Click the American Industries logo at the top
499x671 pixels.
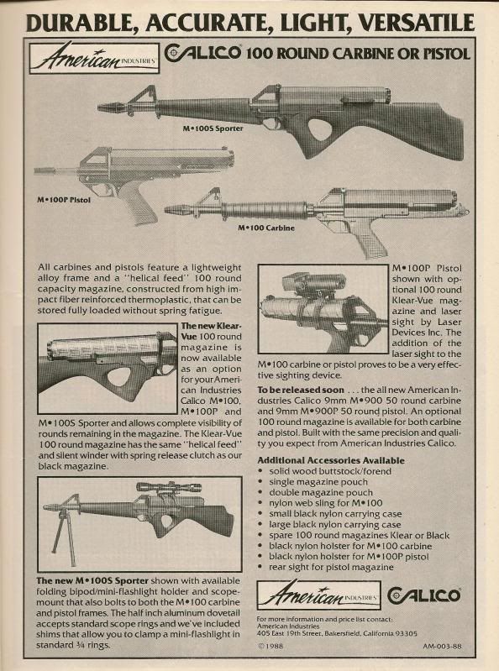point(94,58)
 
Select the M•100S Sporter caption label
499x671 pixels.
point(213,128)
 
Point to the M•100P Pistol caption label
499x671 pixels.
point(64,199)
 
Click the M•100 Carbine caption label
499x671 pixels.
point(266,228)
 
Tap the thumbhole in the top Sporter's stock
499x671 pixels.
point(325,129)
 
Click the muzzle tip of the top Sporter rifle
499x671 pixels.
point(99,107)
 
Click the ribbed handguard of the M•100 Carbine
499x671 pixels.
point(264,210)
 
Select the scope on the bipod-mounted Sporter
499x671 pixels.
point(169,486)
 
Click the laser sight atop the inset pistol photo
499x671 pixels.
point(313,281)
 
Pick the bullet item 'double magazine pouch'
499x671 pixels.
point(321,493)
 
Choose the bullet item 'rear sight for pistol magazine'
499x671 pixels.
point(331,567)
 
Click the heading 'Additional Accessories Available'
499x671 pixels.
point(331,460)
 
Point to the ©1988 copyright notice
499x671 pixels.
point(271,646)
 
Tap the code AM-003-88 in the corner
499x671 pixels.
point(443,646)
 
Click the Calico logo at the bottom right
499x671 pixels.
point(423,595)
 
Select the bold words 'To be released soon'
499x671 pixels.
point(301,390)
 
